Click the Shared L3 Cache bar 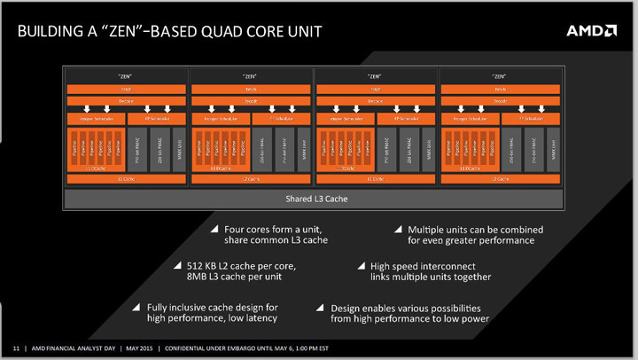click(315, 199)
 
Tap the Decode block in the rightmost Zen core click(501, 102)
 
